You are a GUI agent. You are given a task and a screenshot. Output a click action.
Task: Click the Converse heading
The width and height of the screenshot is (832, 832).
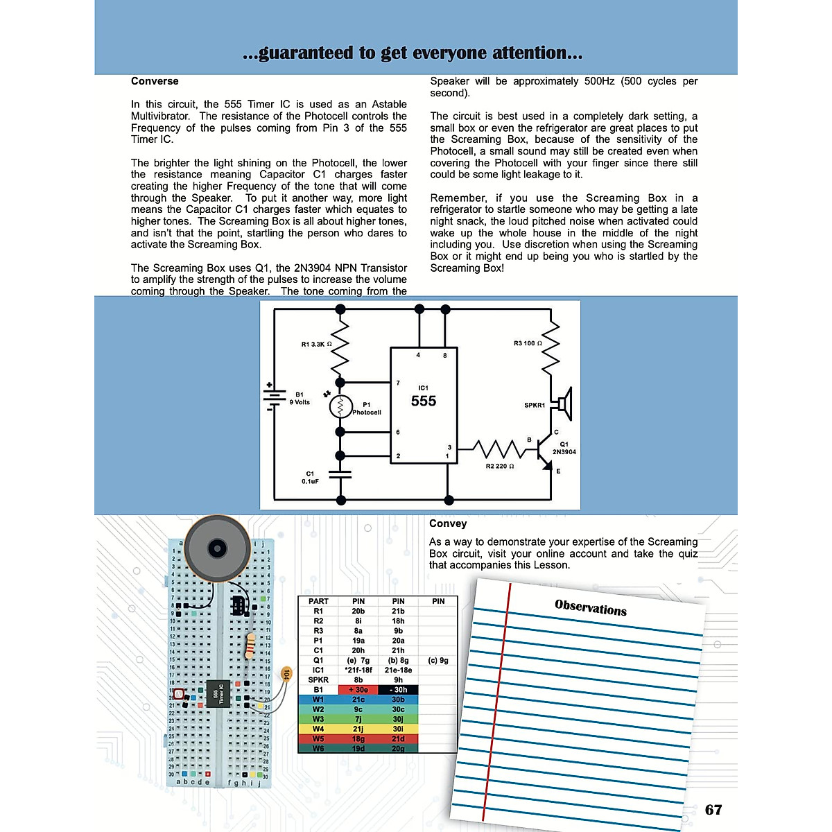click(x=155, y=81)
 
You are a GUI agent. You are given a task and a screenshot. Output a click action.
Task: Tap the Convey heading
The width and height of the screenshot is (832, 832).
click(x=448, y=523)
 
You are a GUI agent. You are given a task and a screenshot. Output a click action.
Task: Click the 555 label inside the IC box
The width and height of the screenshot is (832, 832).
click(x=424, y=401)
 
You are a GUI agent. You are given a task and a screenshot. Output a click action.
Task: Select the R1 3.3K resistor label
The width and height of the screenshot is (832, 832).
click(x=316, y=344)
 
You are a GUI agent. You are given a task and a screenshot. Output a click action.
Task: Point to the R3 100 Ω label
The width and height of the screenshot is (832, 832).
click(x=528, y=343)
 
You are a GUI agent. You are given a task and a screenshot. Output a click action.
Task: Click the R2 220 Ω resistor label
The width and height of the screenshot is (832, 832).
click(x=500, y=466)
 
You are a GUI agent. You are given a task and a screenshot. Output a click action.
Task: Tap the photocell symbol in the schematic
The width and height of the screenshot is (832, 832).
click(x=340, y=406)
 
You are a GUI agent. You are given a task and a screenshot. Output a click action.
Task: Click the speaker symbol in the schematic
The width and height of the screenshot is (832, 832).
click(x=565, y=404)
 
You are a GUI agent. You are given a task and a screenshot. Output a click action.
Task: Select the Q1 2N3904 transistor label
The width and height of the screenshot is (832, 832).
click(x=564, y=448)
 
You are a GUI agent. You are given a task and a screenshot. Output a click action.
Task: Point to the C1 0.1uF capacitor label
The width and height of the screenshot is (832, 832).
click(x=310, y=477)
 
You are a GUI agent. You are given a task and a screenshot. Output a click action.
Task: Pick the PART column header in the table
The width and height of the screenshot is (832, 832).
click(x=318, y=601)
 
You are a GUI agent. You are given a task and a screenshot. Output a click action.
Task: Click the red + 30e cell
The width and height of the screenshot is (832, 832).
click(x=358, y=690)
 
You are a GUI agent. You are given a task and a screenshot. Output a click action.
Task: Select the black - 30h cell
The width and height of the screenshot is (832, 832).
click(x=398, y=690)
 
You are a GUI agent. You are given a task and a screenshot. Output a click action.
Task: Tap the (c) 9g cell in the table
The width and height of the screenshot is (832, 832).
click(x=438, y=661)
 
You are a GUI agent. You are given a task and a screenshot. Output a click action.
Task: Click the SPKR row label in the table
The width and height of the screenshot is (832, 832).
click(x=318, y=680)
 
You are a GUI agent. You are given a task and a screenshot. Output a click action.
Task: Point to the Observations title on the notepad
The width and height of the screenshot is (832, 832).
click(x=591, y=608)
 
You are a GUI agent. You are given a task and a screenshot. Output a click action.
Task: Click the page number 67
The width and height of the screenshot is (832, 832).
click(x=713, y=810)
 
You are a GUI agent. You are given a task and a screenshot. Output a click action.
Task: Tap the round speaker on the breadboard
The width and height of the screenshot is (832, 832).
click(x=216, y=548)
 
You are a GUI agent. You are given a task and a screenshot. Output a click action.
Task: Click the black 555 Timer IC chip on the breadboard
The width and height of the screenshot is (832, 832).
click(x=218, y=693)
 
